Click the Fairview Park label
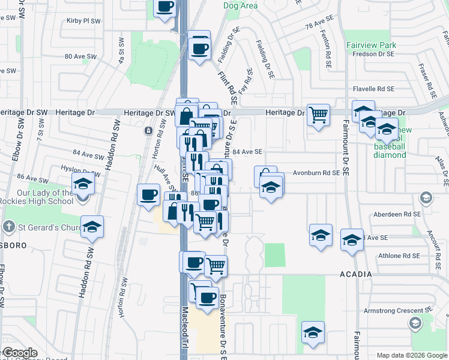pos(371,45)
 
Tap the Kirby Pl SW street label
pos(83,20)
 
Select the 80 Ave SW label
pos(80,56)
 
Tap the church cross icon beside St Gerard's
pos(7,227)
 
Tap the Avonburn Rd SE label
pos(316,173)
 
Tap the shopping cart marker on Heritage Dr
pos(318,113)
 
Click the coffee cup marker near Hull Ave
pos(148,194)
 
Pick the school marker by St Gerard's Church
pos(92,227)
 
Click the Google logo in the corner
pos(20,353)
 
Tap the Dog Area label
pos(240,6)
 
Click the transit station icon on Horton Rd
pos(148,130)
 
